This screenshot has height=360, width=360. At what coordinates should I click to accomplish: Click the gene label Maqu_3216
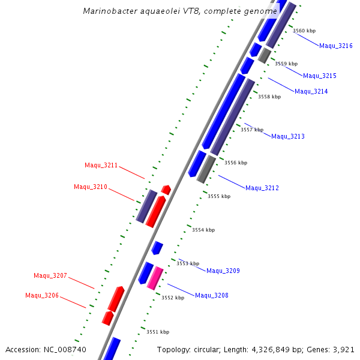[x=336, y=46]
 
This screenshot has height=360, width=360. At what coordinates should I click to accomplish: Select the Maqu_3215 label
[x=320, y=76]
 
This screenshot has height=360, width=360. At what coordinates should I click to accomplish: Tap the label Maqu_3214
[x=311, y=91]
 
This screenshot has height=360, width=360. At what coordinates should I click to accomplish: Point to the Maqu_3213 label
[x=288, y=136]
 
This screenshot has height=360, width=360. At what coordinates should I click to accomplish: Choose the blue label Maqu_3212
[x=262, y=188]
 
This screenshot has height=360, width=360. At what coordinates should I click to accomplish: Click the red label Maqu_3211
[x=101, y=165]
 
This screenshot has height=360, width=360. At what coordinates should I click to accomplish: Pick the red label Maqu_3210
[x=91, y=187]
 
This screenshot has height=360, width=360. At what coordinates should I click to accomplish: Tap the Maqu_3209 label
[x=223, y=271]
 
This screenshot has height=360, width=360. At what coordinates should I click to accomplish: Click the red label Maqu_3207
[x=50, y=275]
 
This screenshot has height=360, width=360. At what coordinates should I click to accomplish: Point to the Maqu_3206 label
[x=42, y=295]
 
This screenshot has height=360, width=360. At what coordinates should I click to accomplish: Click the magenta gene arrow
[x=155, y=278]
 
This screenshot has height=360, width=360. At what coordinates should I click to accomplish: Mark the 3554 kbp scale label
[x=203, y=230]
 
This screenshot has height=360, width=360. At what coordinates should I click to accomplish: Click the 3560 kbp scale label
[x=304, y=31]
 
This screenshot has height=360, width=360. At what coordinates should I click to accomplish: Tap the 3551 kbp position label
[x=158, y=332]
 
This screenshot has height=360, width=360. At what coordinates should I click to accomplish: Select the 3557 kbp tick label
[x=252, y=130]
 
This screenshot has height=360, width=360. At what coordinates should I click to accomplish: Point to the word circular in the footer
[x=211, y=349]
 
